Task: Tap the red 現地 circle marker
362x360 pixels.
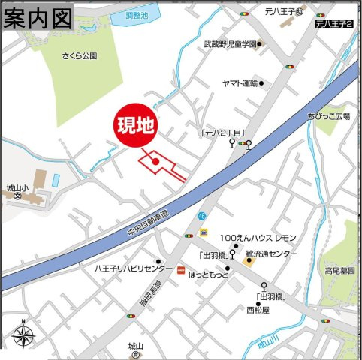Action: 136,125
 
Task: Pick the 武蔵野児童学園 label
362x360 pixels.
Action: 230,44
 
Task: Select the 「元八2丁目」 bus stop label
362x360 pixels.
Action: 224,133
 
